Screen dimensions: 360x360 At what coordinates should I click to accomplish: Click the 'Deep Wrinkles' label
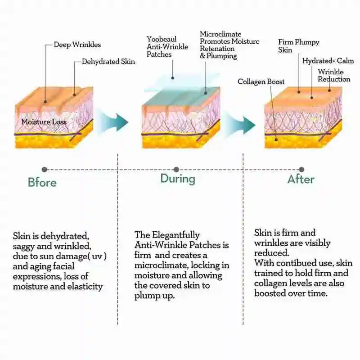77,45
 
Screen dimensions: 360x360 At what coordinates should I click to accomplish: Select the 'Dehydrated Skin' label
108,62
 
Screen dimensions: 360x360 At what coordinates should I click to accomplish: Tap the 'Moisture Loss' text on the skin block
44,122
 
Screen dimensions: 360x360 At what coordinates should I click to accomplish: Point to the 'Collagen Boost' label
261,81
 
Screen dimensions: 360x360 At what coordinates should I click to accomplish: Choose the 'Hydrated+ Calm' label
328,61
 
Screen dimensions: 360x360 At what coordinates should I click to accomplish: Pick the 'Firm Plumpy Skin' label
298,46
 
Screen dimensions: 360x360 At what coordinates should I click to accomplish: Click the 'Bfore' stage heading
42,182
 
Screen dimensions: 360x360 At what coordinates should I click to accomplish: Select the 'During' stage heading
178,179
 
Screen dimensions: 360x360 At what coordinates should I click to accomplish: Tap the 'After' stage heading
301,179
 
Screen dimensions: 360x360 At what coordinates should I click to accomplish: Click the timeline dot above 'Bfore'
44,170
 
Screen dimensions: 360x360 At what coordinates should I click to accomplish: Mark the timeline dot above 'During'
176,170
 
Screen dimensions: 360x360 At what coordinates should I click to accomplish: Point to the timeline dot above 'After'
301,170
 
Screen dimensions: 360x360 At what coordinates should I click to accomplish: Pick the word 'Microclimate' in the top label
220,34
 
